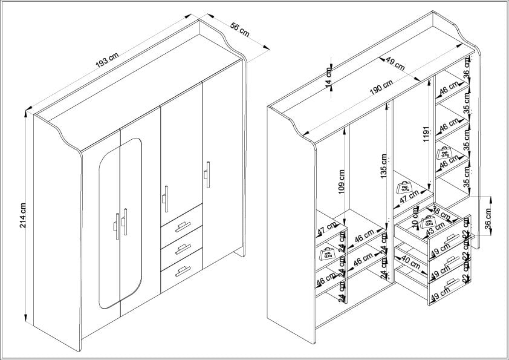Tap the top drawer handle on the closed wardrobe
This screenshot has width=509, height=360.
(182, 226)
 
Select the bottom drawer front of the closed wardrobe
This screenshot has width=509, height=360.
(181, 272)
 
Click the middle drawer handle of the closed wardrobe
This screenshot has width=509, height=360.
(182, 249)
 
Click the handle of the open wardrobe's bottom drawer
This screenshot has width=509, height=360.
(451, 283)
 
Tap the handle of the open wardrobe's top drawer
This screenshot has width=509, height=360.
(448, 240)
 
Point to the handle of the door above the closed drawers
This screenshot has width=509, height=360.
(164, 198)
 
